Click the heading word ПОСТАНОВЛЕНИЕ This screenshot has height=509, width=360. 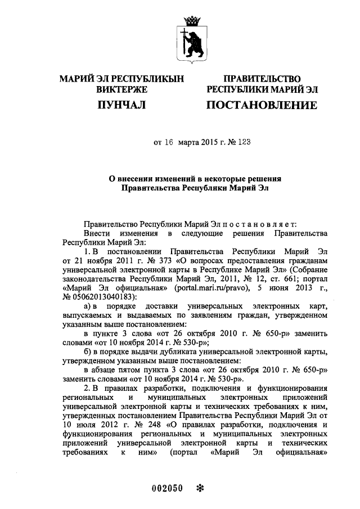coord(262,105)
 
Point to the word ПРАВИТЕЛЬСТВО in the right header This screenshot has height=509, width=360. coord(262,79)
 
